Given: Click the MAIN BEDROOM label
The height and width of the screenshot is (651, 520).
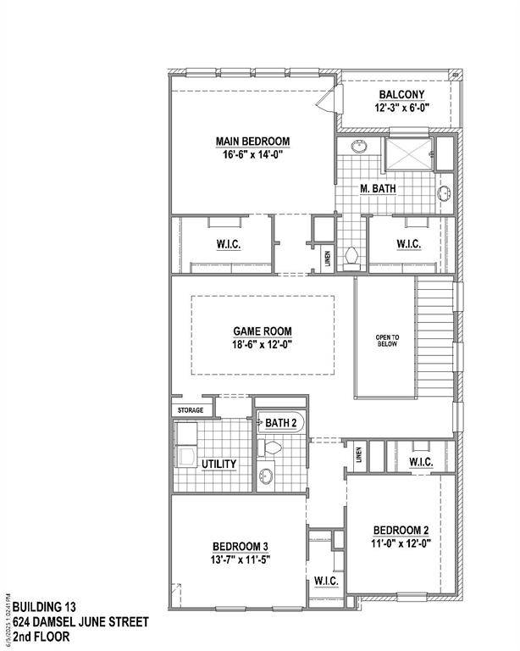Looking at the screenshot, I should (253, 141).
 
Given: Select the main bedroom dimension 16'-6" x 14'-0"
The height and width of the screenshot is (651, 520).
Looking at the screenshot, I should (253, 154).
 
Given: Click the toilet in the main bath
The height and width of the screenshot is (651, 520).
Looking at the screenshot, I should (352, 255).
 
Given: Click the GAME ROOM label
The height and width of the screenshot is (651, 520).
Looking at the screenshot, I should (263, 331).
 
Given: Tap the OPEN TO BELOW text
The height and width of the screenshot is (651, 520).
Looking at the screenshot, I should (386, 341).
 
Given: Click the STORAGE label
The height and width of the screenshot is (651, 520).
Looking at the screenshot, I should (190, 411).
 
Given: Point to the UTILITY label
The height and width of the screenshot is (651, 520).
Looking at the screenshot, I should (219, 464).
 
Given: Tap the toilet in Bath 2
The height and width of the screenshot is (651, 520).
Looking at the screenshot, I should (273, 447).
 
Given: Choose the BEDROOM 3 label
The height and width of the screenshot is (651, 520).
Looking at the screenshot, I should (241, 546).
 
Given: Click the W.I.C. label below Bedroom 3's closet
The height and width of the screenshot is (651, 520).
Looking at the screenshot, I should (326, 581).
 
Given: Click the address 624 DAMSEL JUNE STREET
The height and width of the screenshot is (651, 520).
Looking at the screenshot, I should (80, 621).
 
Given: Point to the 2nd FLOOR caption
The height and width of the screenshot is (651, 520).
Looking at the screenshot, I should (41, 636).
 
